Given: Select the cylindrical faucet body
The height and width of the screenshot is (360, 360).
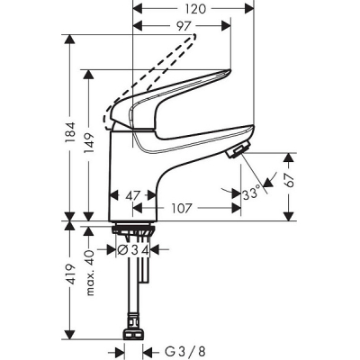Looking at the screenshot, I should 135,180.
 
